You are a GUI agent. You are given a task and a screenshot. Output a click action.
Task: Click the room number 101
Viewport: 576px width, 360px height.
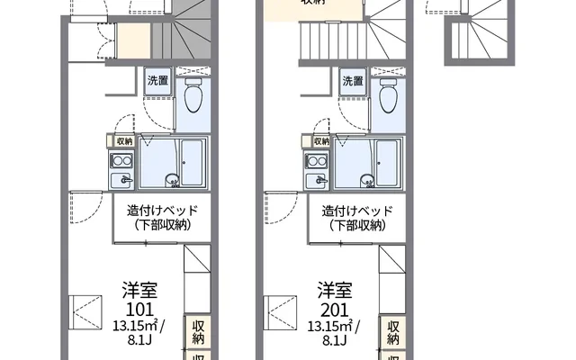click(141, 307)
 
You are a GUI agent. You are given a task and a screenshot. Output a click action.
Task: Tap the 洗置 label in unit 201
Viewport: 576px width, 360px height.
click(352, 82)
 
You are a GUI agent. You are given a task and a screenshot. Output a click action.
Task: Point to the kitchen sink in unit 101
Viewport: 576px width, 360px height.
click(122, 162)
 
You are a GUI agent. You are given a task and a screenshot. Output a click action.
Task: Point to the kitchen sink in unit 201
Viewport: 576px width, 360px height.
click(318, 162)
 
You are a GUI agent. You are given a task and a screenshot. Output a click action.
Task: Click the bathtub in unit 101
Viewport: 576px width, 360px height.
click(193, 162)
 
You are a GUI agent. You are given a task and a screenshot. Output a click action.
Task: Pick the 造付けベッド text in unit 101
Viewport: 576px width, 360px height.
click(154, 211)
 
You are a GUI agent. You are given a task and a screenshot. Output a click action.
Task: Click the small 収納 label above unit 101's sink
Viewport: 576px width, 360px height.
click(123, 141)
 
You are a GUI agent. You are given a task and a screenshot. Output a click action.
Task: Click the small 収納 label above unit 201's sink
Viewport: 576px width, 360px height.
click(319, 141)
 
